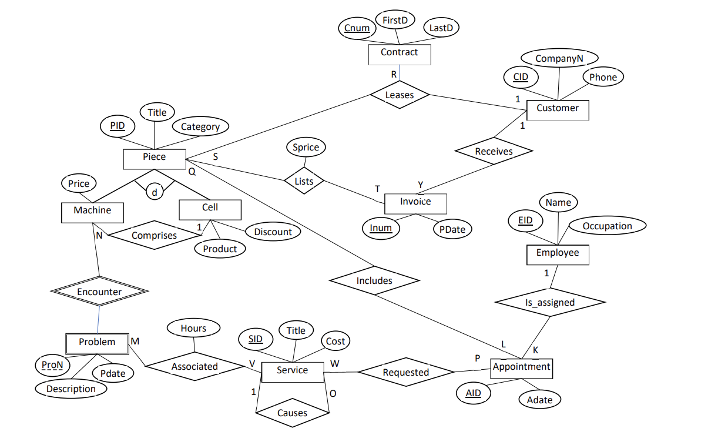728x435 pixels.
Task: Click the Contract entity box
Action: [399, 53]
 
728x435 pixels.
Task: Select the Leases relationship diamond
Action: [400, 95]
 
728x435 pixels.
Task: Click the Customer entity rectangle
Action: [557, 109]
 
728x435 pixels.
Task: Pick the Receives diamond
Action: [494, 151]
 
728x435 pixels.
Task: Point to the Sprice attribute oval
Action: [306, 148]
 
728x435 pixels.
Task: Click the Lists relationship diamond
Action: [304, 181]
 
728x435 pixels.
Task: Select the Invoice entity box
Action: [415, 202]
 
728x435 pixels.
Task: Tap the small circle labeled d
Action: [155, 192]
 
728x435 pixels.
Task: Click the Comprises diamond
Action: [154, 235]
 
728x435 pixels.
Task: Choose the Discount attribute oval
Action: [273, 232]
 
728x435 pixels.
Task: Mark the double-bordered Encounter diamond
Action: [99, 292]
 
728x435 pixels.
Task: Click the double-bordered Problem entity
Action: [97, 342]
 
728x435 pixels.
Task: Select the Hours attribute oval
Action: [193, 329]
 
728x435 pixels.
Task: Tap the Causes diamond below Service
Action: [292, 413]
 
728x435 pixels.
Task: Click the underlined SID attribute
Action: [256, 339]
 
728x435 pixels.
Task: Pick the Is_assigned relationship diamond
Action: [549, 302]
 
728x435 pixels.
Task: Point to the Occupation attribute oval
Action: [607, 226]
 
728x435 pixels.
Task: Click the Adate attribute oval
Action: [539, 400]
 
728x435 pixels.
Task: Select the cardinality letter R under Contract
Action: [394, 75]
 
